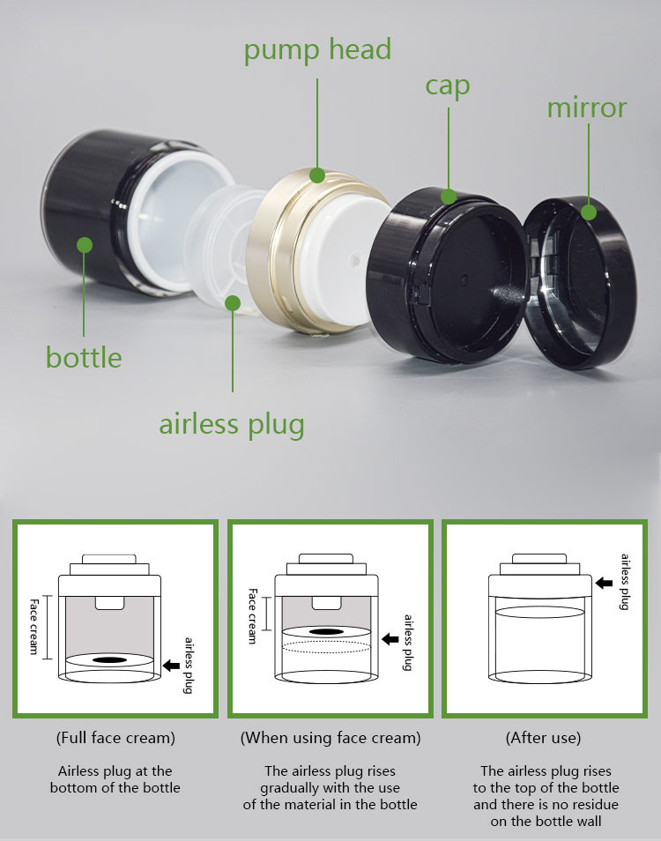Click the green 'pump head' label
click(x=317, y=51)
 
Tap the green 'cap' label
click(x=448, y=86)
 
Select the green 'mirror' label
click(x=586, y=108)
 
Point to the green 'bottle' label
click(x=84, y=357)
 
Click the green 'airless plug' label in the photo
click(x=232, y=425)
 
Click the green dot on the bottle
click(x=84, y=245)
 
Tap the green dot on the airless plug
click(x=233, y=303)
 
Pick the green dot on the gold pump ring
click(x=316, y=175)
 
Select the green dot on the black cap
click(x=449, y=197)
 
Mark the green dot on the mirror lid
click(x=589, y=212)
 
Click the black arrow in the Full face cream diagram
click(x=171, y=666)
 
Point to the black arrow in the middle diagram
click(x=390, y=639)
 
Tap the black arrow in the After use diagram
click(x=605, y=583)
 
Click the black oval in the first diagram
click(x=110, y=659)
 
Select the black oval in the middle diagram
click(x=326, y=631)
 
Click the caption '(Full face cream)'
click(x=115, y=738)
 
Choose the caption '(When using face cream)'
click(x=330, y=738)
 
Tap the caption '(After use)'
click(x=543, y=738)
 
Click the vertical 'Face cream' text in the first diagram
click(x=34, y=627)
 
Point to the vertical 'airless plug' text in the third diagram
click(x=625, y=582)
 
